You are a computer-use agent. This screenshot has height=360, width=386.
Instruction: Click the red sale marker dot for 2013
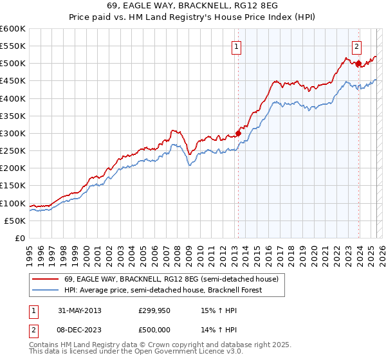click(x=238, y=133)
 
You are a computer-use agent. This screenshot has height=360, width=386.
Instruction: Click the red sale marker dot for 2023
click(x=358, y=64)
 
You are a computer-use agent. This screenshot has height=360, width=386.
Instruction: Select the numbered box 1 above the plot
click(x=237, y=46)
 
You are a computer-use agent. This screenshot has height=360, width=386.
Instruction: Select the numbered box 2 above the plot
click(x=356, y=46)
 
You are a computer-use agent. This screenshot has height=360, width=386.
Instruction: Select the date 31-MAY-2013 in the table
click(x=80, y=310)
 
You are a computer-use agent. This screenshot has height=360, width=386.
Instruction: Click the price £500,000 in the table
click(x=155, y=330)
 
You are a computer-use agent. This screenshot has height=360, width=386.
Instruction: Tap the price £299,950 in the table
click(x=155, y=310)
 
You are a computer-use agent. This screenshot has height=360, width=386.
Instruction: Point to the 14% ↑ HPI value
click(x=210, y=330)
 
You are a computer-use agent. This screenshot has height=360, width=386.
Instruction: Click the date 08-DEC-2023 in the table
click(x=80, y=330)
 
